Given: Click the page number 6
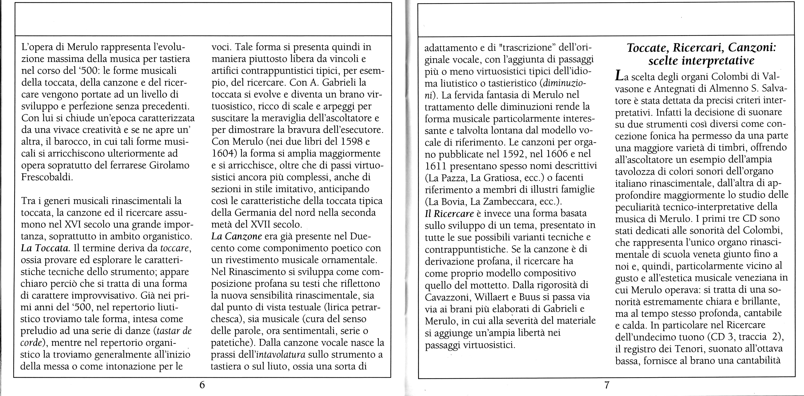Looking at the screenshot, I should click(x=202, y=385).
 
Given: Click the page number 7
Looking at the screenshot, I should click(x=607, y=385).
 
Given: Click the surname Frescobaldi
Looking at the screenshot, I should click(x=47, y=177).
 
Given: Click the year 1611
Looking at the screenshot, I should click(x=436, y=166).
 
